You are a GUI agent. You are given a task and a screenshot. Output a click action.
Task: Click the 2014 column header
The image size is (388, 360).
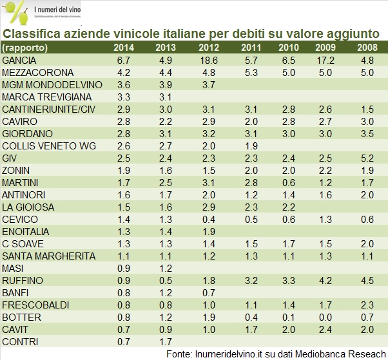[124, 48]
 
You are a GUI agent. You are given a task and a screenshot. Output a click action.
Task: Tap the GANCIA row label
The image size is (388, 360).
[19, 60]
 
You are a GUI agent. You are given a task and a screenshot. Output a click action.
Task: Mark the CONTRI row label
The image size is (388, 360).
[19, 341]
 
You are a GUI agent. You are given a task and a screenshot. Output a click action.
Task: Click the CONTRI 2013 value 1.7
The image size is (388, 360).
[166, 341]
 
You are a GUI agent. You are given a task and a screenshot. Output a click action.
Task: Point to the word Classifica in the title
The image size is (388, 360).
[30, 33]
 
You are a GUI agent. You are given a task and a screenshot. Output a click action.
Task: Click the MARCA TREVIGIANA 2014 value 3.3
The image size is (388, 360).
[124, 97]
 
